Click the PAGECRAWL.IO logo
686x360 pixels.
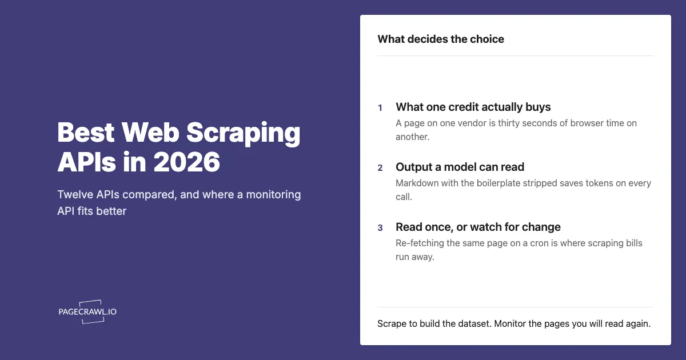tap(87, 311)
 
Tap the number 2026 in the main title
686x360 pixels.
tap(186, 162)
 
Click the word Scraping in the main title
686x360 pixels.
tap(243, 134)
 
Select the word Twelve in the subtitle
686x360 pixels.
tap(75, 194)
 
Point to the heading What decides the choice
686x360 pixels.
tap(441, 39)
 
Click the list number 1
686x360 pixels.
tap(380, 108)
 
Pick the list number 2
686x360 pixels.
tap(380, 168)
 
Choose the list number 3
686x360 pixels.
tap(380, 228)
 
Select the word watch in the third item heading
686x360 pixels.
tap(486, 227)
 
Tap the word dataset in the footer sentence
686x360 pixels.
tap(474, 323)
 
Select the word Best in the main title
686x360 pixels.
tap(86, 132)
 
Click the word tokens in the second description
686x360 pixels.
tap(599, 183)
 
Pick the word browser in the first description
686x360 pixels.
tap(587, 123)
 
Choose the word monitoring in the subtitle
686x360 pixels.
tap(273, 195)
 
